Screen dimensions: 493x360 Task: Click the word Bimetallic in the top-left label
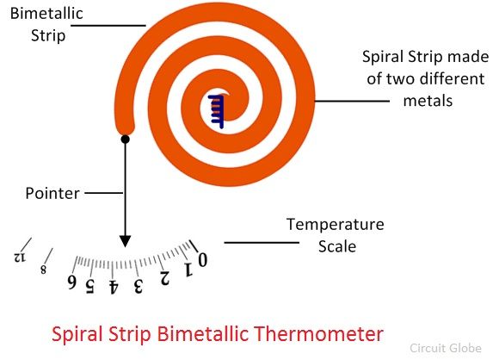(46, 14)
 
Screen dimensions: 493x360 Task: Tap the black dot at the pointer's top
(125, 140)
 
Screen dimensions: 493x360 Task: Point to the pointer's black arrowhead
(125, 241)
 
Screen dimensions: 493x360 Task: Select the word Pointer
(52, 193)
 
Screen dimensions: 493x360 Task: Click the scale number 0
(202, 260)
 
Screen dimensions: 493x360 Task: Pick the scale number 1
(188, 270)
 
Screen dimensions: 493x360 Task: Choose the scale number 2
(164, 278)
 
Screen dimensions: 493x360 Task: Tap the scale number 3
(138, 286)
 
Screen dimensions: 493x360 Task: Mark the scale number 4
(113, 287)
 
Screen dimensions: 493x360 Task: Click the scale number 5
(90, 286)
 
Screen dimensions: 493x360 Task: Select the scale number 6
(72, 282)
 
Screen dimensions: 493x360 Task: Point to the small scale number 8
(43, 270)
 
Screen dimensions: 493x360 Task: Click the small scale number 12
(20, 258)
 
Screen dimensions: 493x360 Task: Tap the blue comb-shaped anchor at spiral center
(216, 112)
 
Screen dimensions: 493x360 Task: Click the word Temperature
(336, 225)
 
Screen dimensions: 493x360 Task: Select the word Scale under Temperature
(337, 246)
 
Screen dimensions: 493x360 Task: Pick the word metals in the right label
(428, 101)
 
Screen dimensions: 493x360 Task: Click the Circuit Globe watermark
(446, 348)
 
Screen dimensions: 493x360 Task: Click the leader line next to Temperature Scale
(262, 243)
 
